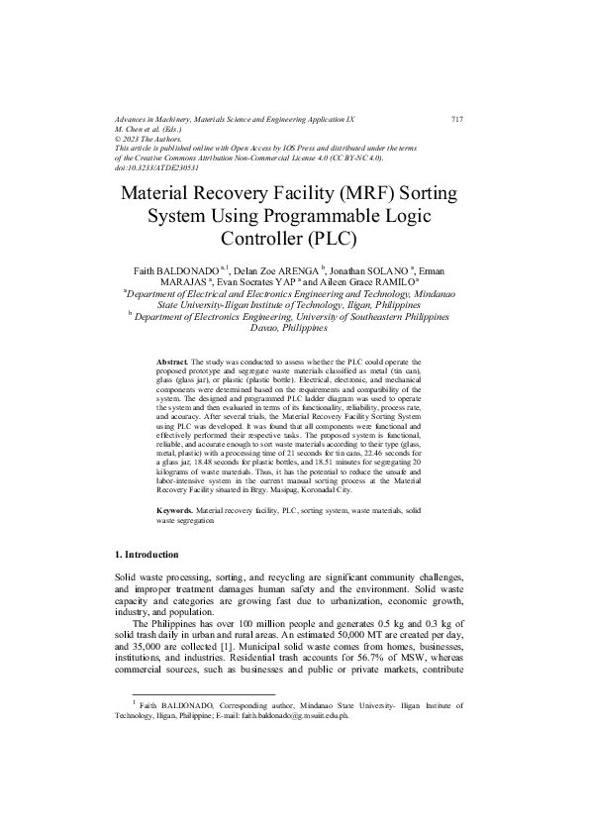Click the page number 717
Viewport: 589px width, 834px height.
(456, 119)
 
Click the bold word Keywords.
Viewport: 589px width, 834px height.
(175, 509)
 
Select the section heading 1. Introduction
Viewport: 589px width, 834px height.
(155, 551)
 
